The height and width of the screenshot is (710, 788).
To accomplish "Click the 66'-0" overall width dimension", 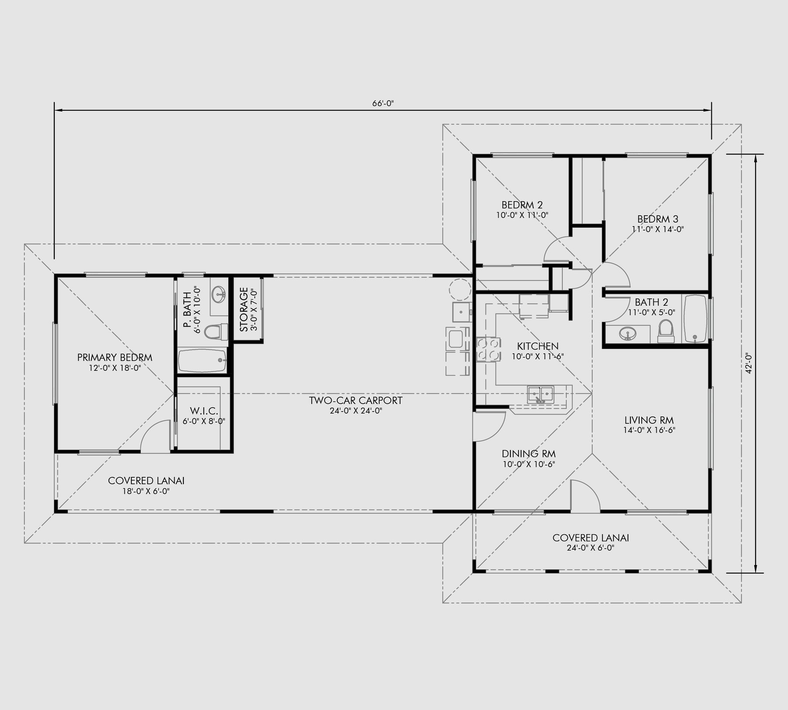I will tap(383, 103).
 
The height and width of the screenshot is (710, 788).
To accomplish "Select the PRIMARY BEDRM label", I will tap(115, 358).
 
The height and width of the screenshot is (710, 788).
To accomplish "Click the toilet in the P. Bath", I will tap(216, 332).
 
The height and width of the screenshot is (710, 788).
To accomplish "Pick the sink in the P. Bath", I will tap(218, 295).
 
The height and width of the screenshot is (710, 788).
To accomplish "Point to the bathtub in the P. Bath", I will tap(202, 361).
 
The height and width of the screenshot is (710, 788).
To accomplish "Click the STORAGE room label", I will tap(244, 309).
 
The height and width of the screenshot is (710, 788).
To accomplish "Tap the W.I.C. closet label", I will tap(204, 411).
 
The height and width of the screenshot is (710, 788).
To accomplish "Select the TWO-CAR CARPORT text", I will tap(355, 400).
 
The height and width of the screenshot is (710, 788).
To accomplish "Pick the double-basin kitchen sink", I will tap(540, 394).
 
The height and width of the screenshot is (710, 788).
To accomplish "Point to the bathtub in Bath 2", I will tap(696, 319).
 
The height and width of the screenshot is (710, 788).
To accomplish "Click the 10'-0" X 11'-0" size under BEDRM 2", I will tap(522, 215).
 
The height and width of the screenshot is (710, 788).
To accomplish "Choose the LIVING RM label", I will tap(649, 420).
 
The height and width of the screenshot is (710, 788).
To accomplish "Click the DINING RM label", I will tap(529, 454).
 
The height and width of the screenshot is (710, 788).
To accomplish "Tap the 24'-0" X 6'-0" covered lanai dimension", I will tap(591, 548).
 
